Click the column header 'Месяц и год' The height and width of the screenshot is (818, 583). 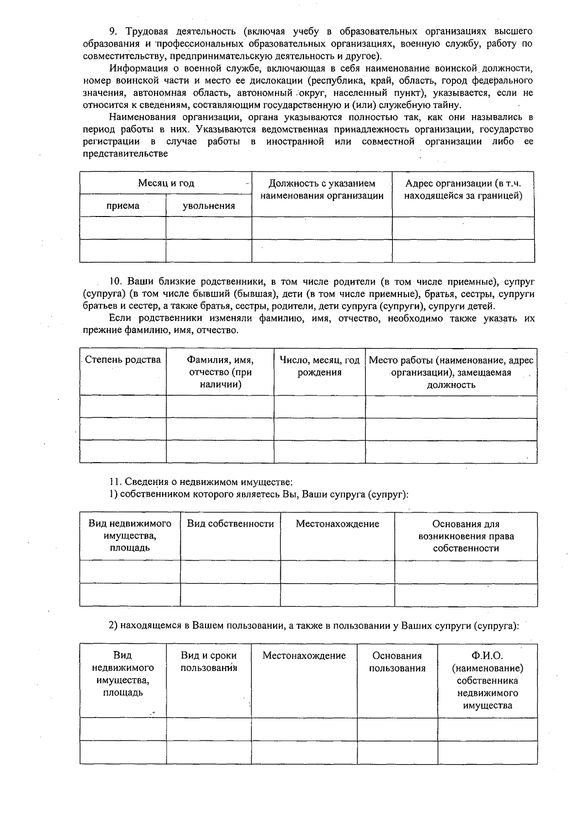[x=166, y=183]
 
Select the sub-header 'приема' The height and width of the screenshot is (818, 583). [x=122, y=206]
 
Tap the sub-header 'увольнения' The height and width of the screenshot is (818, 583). [x=208, y=206]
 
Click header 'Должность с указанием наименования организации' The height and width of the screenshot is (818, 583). [x=322, y=190]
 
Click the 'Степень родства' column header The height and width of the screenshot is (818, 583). [x=123, y=360]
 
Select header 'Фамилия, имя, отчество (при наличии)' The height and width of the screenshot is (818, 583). [x=220, y=372]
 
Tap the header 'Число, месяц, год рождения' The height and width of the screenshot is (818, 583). [x=319, y=367]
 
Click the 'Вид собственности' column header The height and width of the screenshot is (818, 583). [x=230, y=524]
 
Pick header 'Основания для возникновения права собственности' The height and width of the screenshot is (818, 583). [x=465, y=536]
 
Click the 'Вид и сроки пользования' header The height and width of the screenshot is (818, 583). [x=208, y=662]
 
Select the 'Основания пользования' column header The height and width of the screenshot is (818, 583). [x=397, y=662]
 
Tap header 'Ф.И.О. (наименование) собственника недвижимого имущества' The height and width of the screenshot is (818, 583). [x=487, y=681]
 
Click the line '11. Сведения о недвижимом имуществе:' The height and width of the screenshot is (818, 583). [x=201, y=482]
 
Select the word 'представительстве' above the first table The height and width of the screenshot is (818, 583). [x=125, y=154]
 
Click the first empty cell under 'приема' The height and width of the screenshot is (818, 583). [x=122, y=228]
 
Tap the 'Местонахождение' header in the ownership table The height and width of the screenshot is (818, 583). [x=337, y=524]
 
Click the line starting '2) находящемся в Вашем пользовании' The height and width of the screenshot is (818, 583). [x=314, y=626]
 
